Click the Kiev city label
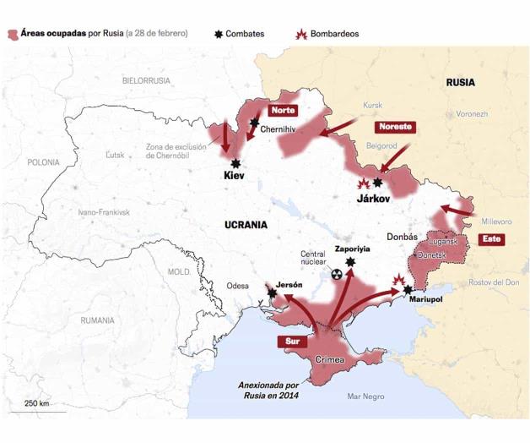point(234,177)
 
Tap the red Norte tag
point(282,111)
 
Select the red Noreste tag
point(395,127)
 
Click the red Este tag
point(489,239)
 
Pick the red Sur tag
point(290,342)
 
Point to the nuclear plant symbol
point(337,275)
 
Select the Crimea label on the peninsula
point(329,361)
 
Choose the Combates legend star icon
point(220,34)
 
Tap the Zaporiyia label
point(352,249)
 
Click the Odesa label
point(238,286)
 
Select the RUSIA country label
point(460,83)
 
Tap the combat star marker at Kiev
point(236,163)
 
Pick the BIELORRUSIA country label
point(146,80)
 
